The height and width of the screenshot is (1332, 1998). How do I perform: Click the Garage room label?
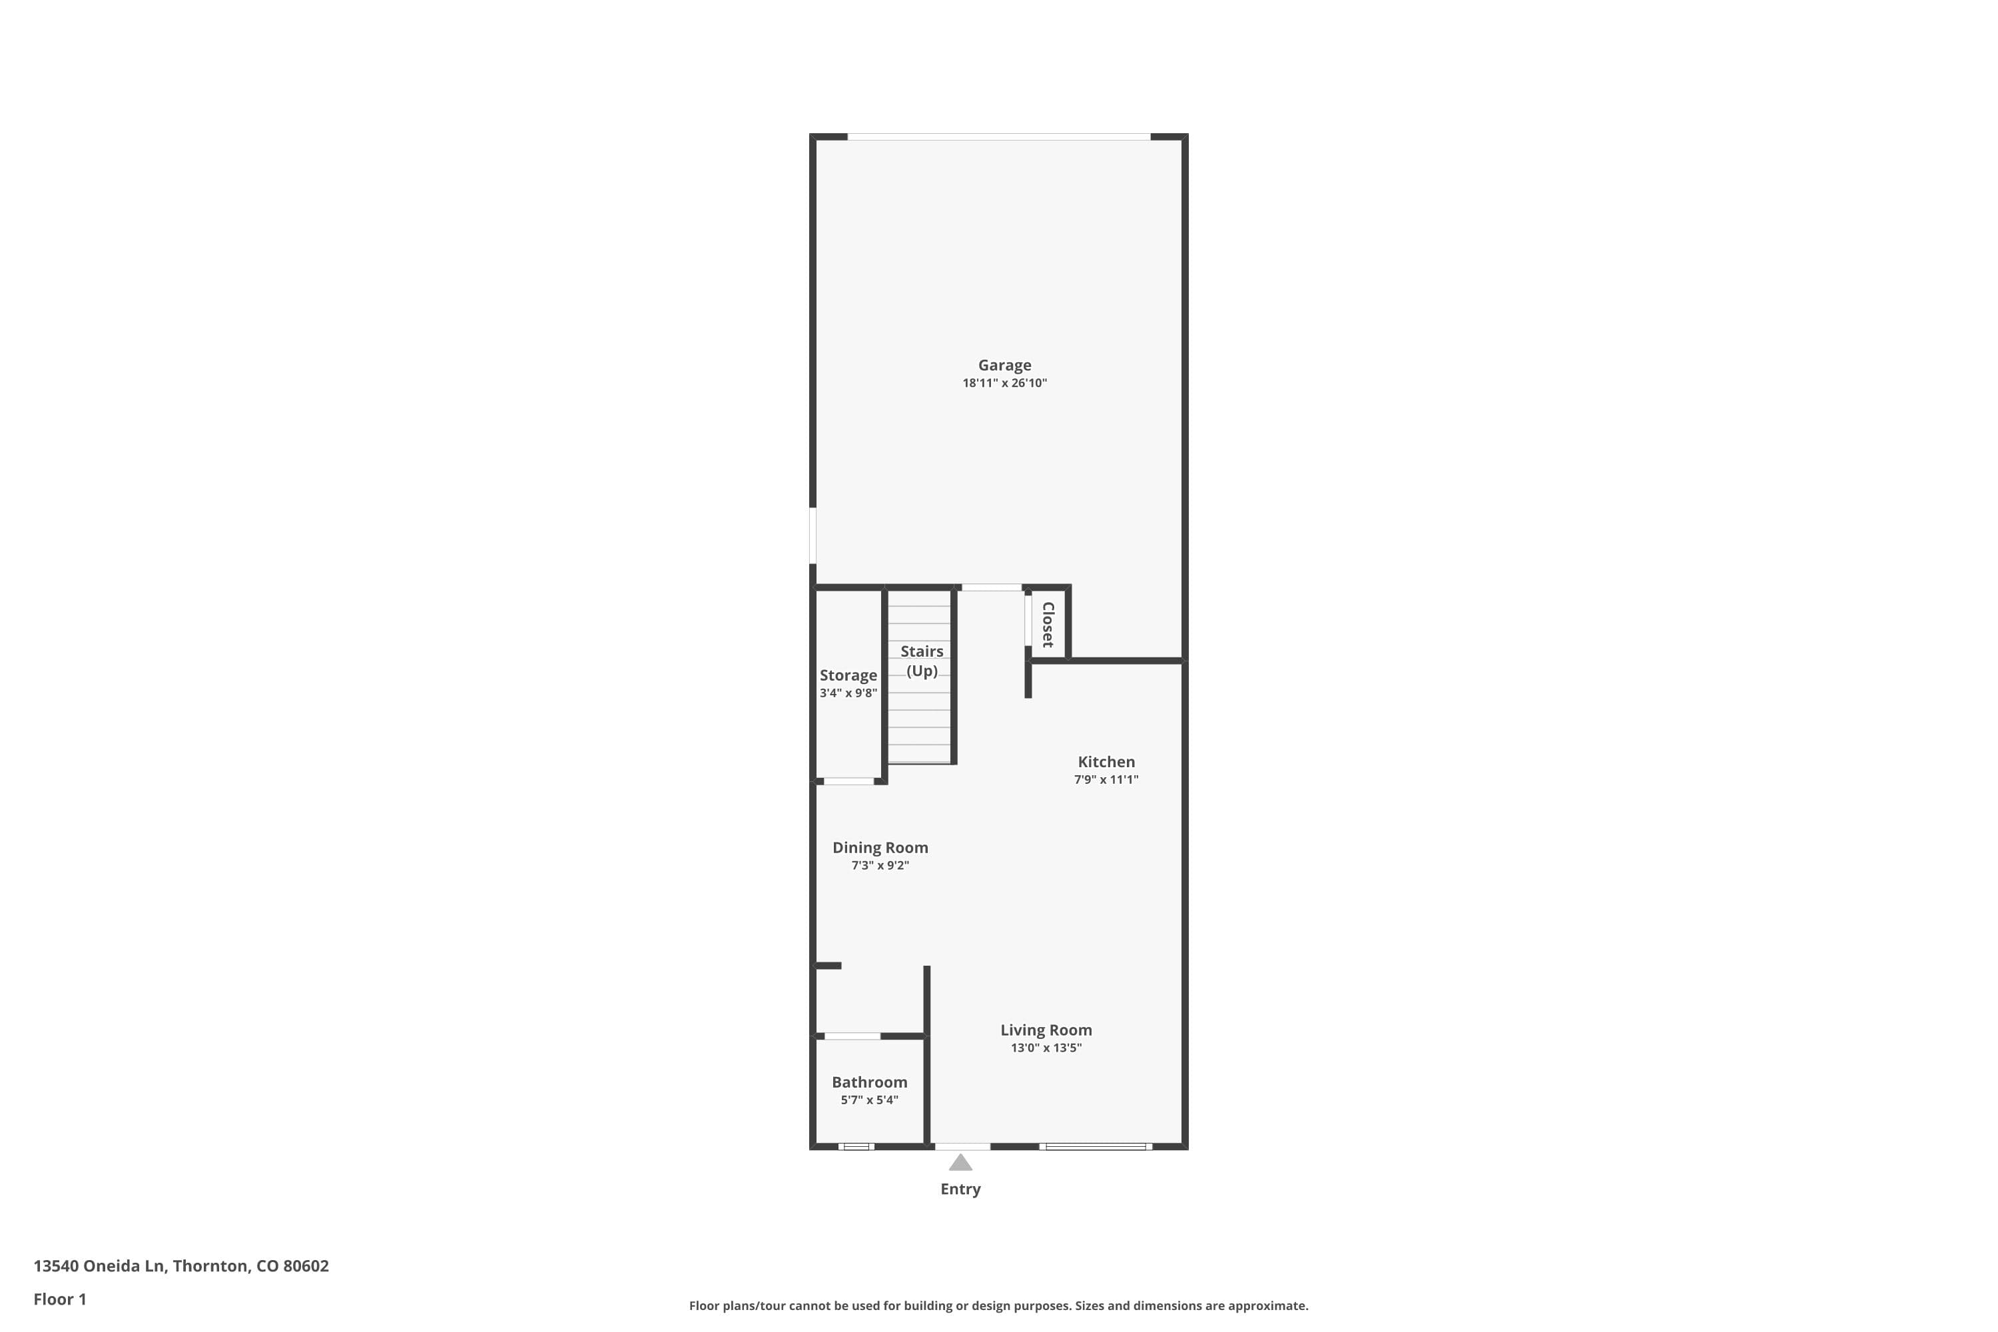tap(1004, 365)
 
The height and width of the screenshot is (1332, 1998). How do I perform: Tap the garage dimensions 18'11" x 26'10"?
tap(1004, 383)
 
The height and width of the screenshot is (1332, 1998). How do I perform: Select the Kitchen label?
tap(1106, 762)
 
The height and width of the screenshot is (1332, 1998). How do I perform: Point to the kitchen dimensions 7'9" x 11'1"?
tap(1106, 780)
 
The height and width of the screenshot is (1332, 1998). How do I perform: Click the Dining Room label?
tap(880, 848)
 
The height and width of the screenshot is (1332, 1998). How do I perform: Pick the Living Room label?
tap(1046, 1030)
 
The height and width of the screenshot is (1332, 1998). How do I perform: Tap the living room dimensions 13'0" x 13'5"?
tap(1046, 1048)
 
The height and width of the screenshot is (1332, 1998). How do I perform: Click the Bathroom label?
tap(869, 1082)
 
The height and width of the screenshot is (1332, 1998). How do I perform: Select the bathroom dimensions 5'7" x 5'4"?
tap(869, 1100)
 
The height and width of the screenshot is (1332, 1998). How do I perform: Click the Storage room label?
tap(848, 675)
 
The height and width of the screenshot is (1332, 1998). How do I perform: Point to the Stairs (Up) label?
tap(922, 661)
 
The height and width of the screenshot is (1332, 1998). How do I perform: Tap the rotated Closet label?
tap(1048, 625)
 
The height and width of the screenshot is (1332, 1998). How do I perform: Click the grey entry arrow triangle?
tap(960, 1163)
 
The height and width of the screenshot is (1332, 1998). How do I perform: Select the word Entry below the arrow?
tap(960, 1189)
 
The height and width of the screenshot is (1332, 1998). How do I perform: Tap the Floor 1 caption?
tap(59, 1299)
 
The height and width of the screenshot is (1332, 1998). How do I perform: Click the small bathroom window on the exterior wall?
tap(856, 1147)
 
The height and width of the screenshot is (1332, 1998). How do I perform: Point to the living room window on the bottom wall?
tap(1095, 1147)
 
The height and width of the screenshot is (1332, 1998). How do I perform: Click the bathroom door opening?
tap(852, 1036)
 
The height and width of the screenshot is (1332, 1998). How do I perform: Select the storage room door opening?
tap(848, 781)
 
